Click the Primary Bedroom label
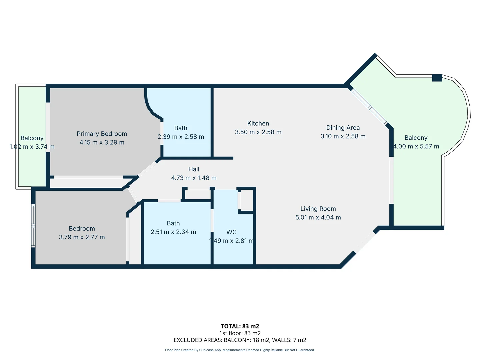coord(102,134)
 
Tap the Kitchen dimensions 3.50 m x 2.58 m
coord(258,132)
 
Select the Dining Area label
coord(343,128)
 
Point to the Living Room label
coord(318,209)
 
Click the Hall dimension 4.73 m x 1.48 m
coord(194,178)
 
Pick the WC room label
coord(231,232)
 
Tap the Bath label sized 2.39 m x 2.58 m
coord(181,128)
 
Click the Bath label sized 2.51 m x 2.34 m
coord(173,223)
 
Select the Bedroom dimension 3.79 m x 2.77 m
coord(82,237)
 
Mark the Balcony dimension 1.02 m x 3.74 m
coord(32,147)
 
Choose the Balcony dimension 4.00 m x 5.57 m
coord(416,146)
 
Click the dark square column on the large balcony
coord(437,78)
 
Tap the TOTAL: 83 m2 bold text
coord(240,326)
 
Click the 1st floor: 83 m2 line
coord(240,333)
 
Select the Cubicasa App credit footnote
coord(240,350)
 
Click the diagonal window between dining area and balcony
coord(369,107)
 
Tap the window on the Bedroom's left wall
coord(33,226)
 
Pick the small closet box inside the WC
coord(247,200)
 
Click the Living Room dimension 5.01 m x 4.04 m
coord(318,217)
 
